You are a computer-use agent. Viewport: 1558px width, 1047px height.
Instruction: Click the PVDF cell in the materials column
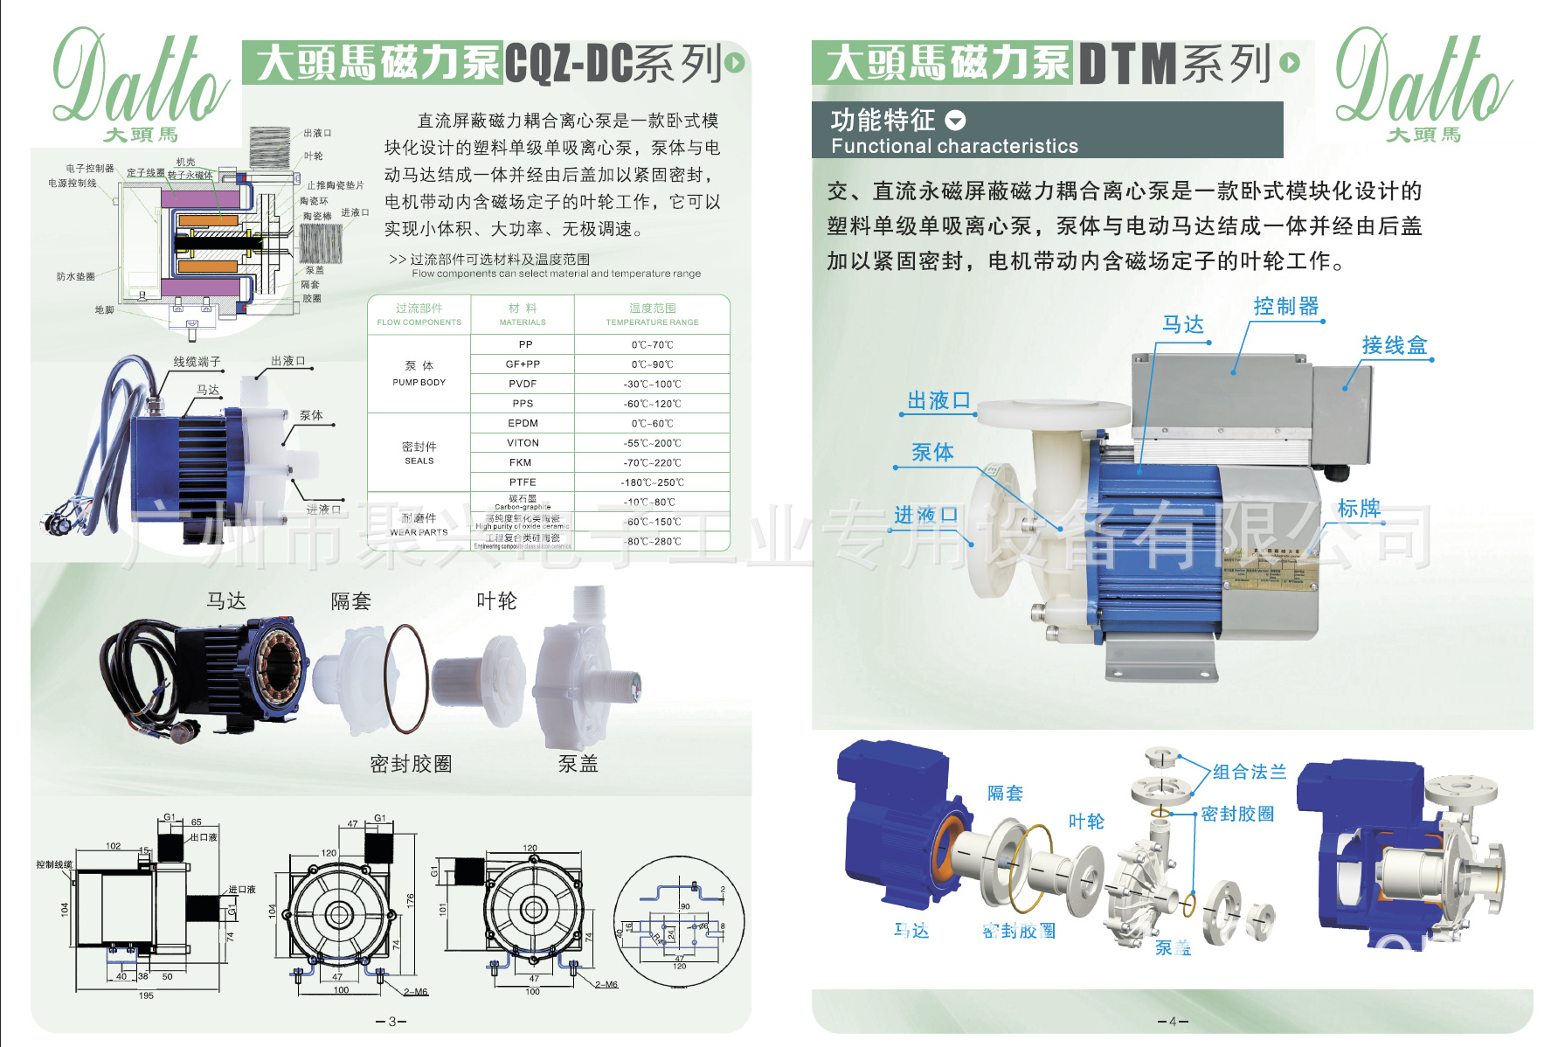click(523, 384)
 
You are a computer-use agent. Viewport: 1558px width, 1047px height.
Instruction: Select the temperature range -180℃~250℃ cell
click(652, 482)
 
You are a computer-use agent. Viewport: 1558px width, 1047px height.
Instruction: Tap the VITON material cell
click(523, 443)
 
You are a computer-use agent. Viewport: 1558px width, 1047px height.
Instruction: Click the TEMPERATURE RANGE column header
click(652, 315)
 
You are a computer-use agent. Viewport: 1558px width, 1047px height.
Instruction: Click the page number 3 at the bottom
click(391, 1021)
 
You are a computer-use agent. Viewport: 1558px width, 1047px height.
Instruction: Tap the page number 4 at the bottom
click(1173, 1021)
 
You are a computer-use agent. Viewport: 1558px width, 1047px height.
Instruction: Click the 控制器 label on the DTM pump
click(1285, 307)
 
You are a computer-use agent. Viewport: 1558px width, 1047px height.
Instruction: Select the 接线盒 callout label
click(1394, 346)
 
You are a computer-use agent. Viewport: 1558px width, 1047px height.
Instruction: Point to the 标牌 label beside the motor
click(1359, 509)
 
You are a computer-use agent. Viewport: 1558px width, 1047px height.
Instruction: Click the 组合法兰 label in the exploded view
click(1250, 772)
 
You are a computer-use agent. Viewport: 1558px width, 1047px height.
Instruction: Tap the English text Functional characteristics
click(954, 146)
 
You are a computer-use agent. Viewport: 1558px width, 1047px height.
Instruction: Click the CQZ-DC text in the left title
click(568, 64)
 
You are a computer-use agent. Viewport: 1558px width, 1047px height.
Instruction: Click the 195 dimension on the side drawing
click(146, 995)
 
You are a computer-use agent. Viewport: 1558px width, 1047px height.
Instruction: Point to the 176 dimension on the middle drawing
click(410, 899)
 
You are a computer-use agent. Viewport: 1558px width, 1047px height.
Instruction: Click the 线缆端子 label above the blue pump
click(197, 362)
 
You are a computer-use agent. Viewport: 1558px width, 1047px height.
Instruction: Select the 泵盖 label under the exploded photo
click(578, 764)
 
